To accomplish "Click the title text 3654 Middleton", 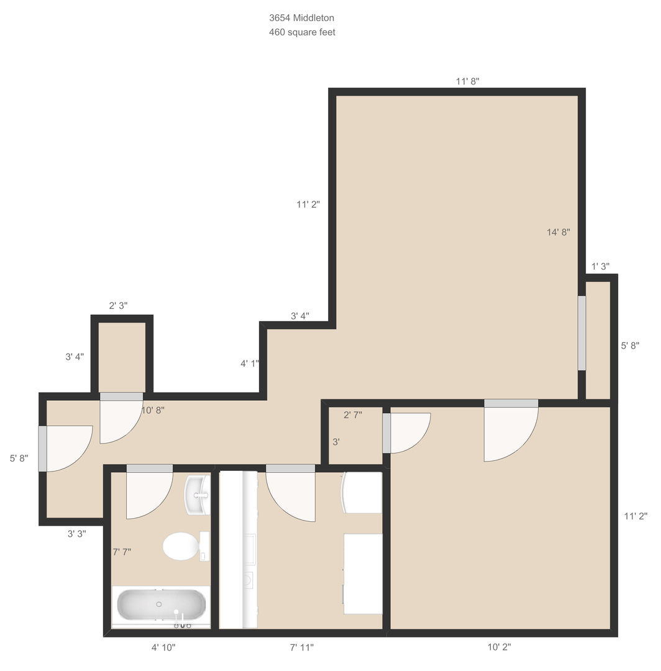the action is pos(302,18).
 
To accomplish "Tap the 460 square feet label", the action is pos(302,32).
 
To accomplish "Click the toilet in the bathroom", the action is pos(186,546).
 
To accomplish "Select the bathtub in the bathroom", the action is pos(162,605).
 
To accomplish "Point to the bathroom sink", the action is pos(197,495).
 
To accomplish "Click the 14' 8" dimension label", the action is pos(558,232).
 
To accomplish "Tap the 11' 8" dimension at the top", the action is pos(468,81).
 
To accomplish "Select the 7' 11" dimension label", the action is pos(302,647).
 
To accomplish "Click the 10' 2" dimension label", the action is pos(499,647).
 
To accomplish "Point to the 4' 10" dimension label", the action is pos(163,647).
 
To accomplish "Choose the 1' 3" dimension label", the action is pos(600,267).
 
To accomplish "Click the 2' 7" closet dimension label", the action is pos(353,414).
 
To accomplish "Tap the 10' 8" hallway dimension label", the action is pos(153,411).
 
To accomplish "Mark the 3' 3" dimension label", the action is pos(77,534).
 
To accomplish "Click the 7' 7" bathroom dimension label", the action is pos(122,552).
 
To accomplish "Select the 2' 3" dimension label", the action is pos(118,306).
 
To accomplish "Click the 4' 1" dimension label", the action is pos(250,363).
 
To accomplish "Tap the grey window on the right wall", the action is pos(582,333).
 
